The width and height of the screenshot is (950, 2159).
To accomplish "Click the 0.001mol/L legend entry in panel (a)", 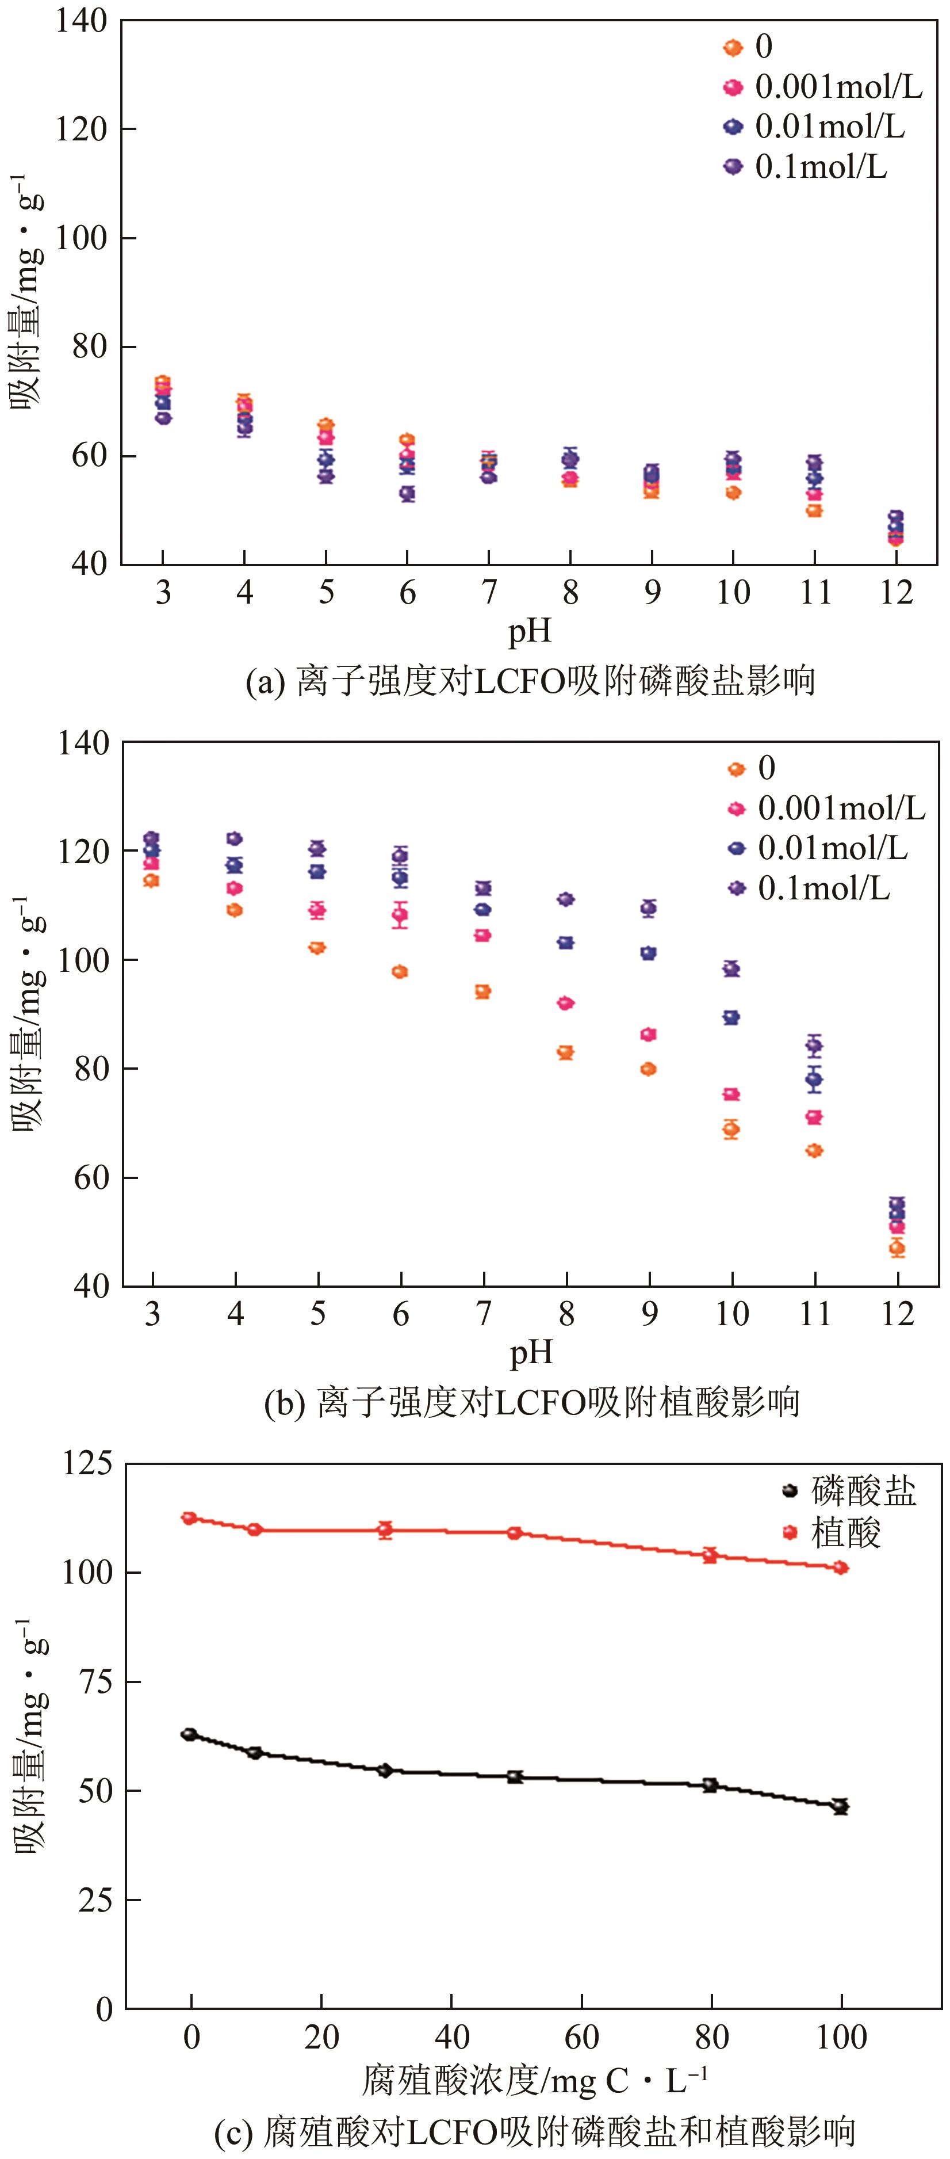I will (825, 86).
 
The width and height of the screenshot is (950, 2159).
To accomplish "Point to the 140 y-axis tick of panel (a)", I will (81, 20).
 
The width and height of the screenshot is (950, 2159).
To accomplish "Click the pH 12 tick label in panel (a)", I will (895, 593).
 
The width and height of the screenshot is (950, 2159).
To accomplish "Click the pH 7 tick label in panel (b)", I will (484, 1313).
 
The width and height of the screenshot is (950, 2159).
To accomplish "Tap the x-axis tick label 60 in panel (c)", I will (581, 2036).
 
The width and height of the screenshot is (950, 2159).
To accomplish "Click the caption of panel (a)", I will (530, 681).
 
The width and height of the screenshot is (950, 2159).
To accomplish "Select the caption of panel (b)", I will (531, 1402).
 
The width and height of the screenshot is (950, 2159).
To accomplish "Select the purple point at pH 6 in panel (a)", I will (407, 494).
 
